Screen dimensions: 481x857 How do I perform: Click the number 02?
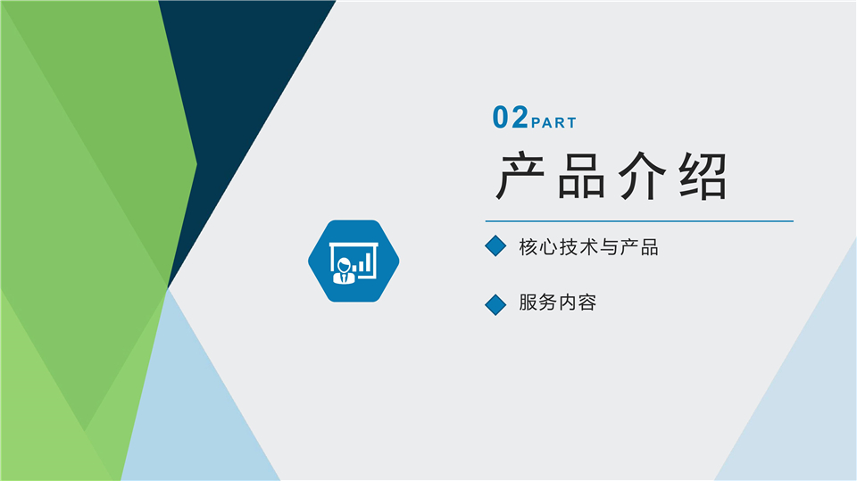(511, 118)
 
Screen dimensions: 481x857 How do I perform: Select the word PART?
(553, 123)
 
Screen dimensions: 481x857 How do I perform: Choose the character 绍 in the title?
(702, 177)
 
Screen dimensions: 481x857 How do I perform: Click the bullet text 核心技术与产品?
(588, 247)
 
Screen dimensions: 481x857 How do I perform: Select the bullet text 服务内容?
(557, 303)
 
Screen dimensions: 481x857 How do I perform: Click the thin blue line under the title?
(639, 220)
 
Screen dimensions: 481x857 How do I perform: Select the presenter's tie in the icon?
(344, 277)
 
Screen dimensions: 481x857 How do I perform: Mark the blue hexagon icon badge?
(354, 261)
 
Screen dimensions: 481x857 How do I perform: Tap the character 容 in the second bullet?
(587, 303)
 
